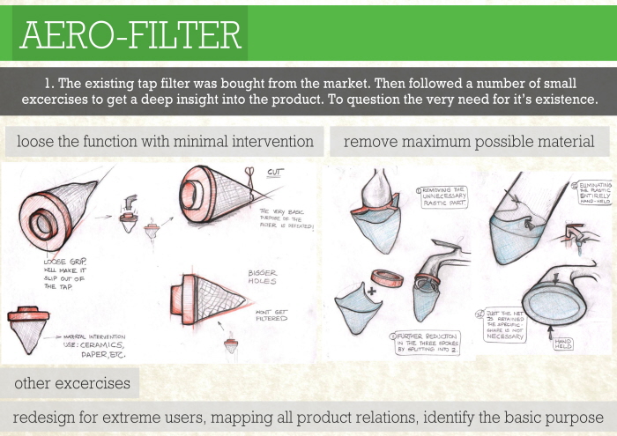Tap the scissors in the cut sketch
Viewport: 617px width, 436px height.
[x=249, y=174]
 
